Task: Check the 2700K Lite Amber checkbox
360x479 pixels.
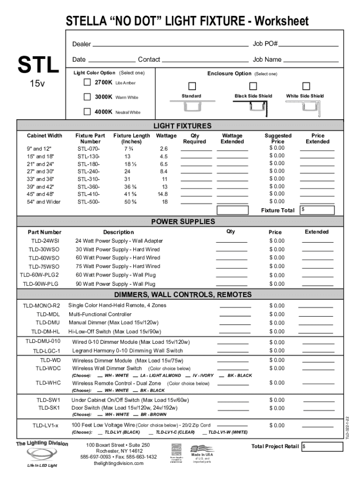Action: [x=87, y=82]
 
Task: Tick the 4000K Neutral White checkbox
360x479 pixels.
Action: [x=87, y=112]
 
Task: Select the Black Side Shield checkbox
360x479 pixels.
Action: [x=253, y=87]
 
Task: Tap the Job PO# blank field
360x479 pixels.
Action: [x=309, y=44]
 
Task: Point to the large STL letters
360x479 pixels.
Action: [x=38, y=65]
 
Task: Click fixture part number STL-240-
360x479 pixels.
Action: [x=89, y=171]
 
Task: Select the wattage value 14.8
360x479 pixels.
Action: [x=163, y=194]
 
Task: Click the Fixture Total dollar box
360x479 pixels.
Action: [x=317, y=210]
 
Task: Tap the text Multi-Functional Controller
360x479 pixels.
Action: [x=100, y=314]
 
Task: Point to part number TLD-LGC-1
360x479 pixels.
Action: [x=46, y=351]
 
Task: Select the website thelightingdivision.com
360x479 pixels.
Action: [x=119, y=463]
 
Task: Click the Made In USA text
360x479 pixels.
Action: [x=202, y=454]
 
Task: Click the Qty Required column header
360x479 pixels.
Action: [x=195, y=138]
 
